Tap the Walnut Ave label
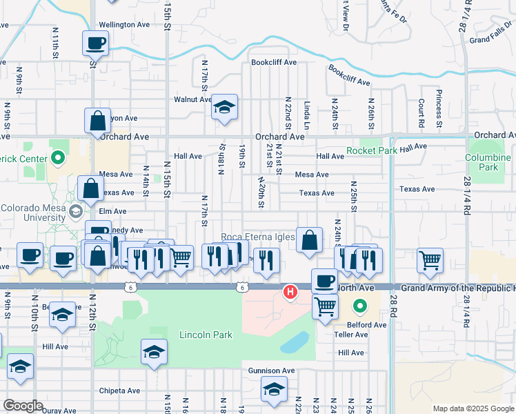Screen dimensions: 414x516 coord(192,99)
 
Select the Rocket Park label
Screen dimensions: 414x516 coord(372,150)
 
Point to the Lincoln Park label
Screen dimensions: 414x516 coord(206,335)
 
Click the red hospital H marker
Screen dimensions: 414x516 coord(291,293)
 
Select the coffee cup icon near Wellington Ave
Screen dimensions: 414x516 coord(95,44)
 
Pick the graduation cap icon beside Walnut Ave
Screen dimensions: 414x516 coord(224,108)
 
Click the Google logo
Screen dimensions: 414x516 coord(23,406)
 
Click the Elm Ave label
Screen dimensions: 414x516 coord(112,211)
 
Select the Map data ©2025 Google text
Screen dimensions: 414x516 coord(473,408)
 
